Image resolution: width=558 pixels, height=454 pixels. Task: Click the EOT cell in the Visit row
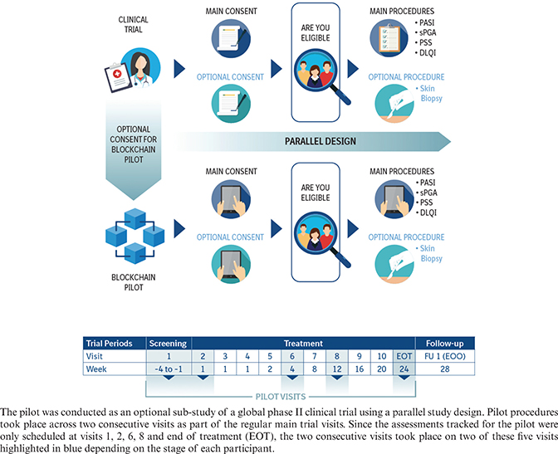pos(403,354)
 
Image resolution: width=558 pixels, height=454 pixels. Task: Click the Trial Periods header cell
pos(115,341)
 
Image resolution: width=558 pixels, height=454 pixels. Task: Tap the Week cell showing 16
pos(359,368)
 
